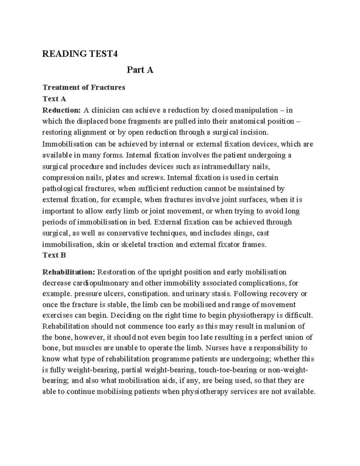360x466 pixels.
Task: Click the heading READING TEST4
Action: (x=80, y=54)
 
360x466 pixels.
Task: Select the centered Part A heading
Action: (x=140, y=70)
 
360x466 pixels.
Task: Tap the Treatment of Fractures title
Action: (x=84, y=87)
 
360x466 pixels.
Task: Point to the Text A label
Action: (x=54, y=99)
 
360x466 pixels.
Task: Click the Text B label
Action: (x=54, y=255)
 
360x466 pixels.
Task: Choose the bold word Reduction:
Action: (x=61, y=110)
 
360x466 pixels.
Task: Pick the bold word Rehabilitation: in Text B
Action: (x=69, y=272)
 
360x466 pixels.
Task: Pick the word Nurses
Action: (x=217, y=348)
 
